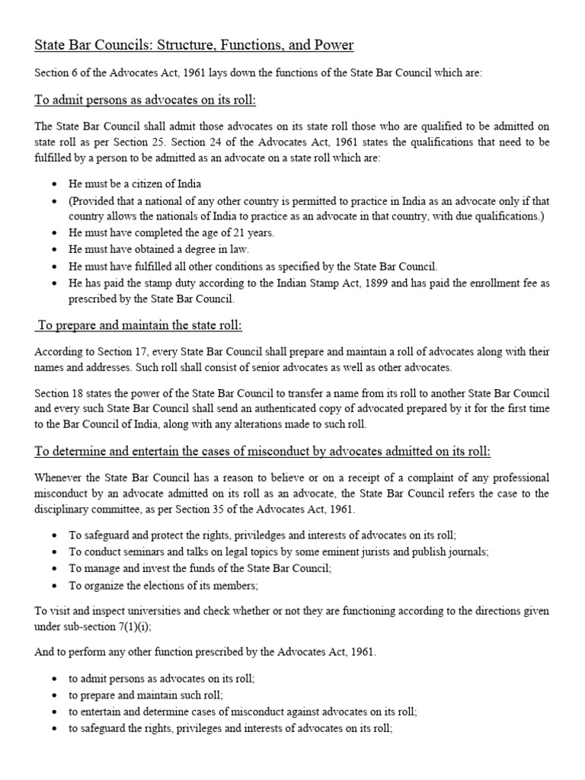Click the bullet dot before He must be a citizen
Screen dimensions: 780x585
pos(54,184)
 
